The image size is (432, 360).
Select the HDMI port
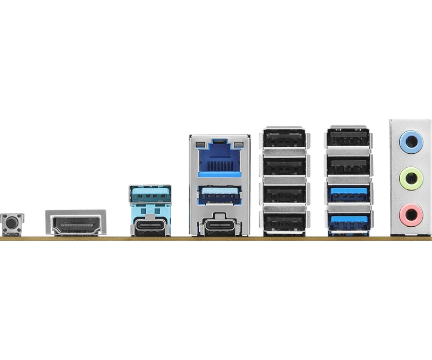tap(75, 222)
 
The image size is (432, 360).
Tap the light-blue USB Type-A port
tap(150, 193)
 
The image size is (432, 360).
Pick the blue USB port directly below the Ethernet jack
tap(219, 193)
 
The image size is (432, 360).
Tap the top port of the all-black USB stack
tap(285, 139)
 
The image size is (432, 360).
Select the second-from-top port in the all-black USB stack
tap(285, 166)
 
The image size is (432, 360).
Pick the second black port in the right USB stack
tap(348, 166)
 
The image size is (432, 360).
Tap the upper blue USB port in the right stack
tap(348, 193)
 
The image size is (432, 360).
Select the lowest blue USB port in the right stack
tap(348, 221)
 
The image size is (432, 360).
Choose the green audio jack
tap(410, 178)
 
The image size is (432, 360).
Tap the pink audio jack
tap(410, 215)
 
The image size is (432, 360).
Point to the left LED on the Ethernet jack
tap(199, 145)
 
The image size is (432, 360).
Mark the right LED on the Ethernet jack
tap(239, 145)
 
